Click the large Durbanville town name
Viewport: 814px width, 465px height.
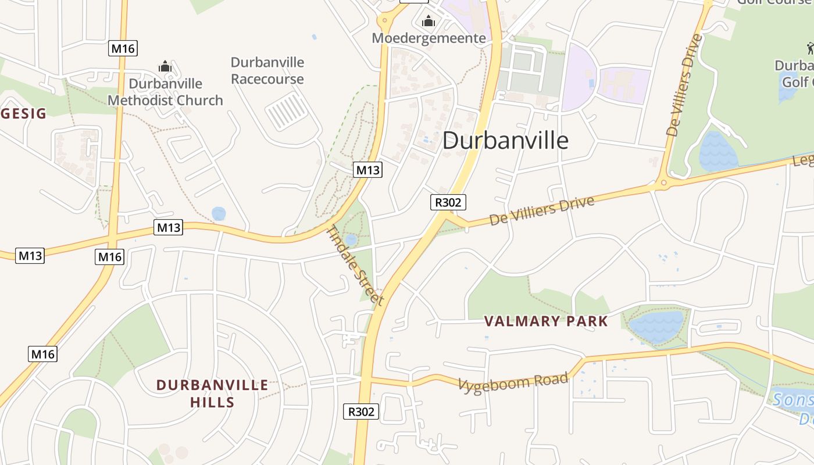pyautogui.click(x=505, y=141)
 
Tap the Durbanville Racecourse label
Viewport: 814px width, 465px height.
pyautogui.click(x=267, y=70)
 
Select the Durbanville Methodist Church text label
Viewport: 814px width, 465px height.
pyautogui.click(x=165, y=92)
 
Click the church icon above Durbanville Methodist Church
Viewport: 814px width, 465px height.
pyautogui.click(x=165, y=66)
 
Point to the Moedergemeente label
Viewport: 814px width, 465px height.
pyautogui.click(x=429, y=38)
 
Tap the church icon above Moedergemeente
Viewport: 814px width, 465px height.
pyautogui.click(x=429, y=22)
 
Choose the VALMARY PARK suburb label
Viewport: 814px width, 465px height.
pyautogui.click(x=546, y=321)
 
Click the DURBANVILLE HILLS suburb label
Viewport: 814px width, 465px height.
pyautogui.click(x=212, y=394)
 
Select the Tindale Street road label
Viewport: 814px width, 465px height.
pyautogui.click(x=355, y=264)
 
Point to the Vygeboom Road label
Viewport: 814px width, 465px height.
pyautogui.click(x=513, y=381)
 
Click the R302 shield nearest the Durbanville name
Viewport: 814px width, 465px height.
pyautogui.click(x=448, y=202)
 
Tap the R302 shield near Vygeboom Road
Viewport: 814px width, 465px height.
pyautogui.click(x=361, y=412)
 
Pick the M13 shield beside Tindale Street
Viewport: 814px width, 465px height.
pyautogui.click(x=367, y=170)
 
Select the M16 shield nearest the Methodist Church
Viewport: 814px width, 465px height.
pyautogui.click(x=123, y=48)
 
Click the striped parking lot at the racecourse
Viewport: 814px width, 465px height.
pyautogui.click(x=287, y=112)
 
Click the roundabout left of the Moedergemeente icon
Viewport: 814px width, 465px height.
pyautogui.click(x=384, y=22)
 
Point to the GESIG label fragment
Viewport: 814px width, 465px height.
pyautogui.click(x=23, y=113)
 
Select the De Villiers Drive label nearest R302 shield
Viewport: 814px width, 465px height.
pyautogui.click(x=542, y=210)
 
